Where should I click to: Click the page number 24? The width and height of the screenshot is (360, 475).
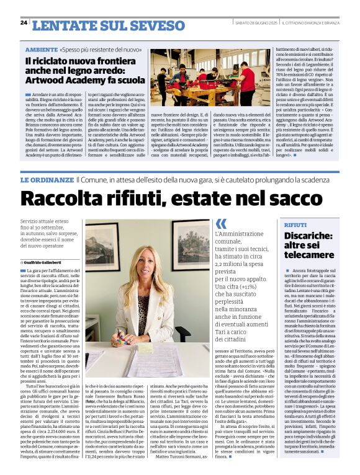click(24, 22)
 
